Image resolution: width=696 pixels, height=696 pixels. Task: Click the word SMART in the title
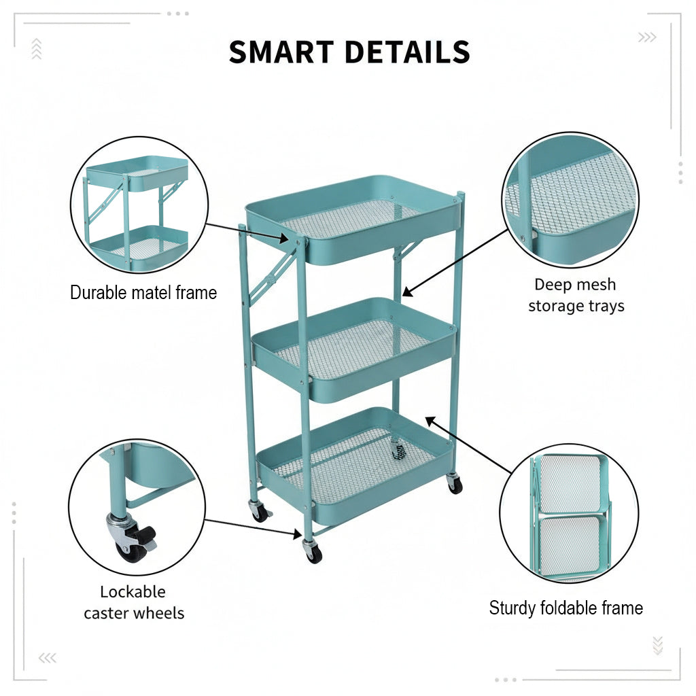point(281,52)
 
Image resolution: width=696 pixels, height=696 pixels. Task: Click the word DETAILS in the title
point(407,52)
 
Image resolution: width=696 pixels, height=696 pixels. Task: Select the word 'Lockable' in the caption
point(133,592)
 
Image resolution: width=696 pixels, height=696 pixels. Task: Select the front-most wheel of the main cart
point(313,552)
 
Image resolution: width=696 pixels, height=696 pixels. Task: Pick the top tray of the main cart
point(353,220)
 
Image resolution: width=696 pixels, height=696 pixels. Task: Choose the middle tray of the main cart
point(353,349)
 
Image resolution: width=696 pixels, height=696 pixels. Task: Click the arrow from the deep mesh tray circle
point(455,263)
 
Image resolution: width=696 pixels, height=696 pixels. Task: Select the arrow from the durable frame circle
point(247,232)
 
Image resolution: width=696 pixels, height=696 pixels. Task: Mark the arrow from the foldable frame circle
point(469,445)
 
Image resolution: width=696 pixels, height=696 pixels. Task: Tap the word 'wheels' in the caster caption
point(159,613)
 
